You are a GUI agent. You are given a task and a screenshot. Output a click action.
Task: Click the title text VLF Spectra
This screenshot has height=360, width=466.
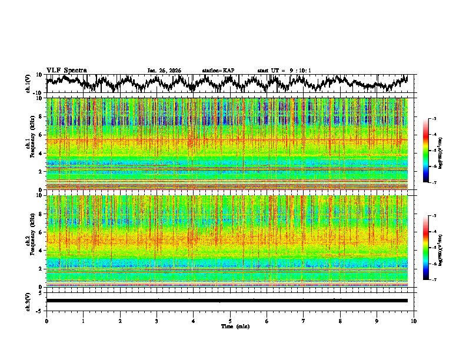tap(66, 70)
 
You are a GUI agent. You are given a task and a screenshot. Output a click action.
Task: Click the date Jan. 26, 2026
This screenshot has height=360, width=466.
tap(164, 71)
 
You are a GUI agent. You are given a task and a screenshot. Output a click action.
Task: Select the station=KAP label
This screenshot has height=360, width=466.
tap(218, 71)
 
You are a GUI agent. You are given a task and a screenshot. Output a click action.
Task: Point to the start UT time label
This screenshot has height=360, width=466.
tap(284, 71)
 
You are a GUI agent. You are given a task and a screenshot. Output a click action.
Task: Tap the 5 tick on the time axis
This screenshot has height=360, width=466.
tap(230, 321)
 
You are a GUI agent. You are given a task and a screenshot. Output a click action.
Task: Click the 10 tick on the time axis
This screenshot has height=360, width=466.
tap(414, 321)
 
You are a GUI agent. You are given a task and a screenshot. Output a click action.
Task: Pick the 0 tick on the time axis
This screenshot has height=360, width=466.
tap(46, 321)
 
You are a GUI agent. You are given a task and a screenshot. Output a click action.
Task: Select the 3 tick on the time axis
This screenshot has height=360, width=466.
tap(157, 321)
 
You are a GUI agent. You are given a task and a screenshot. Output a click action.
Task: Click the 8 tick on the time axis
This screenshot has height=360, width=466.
tap(340, 321)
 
